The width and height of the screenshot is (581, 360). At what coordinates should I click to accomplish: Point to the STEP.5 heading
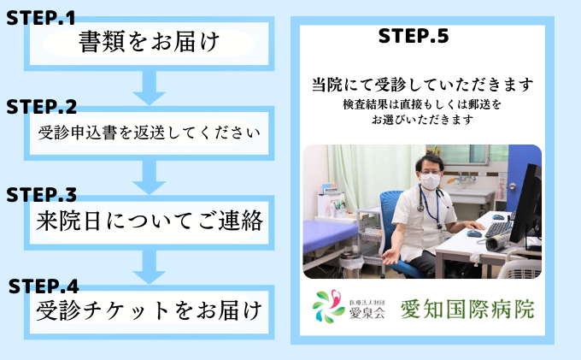pyautogui.click(x=414, y=37)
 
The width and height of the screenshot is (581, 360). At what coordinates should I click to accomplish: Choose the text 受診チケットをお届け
pyautogui.click(x=150, y=310)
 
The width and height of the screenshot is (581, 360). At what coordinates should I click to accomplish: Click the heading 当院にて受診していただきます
pyautogui.click(x=422, y=85)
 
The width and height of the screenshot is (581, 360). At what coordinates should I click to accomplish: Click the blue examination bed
pyautogui.click(x=328, y=232)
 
